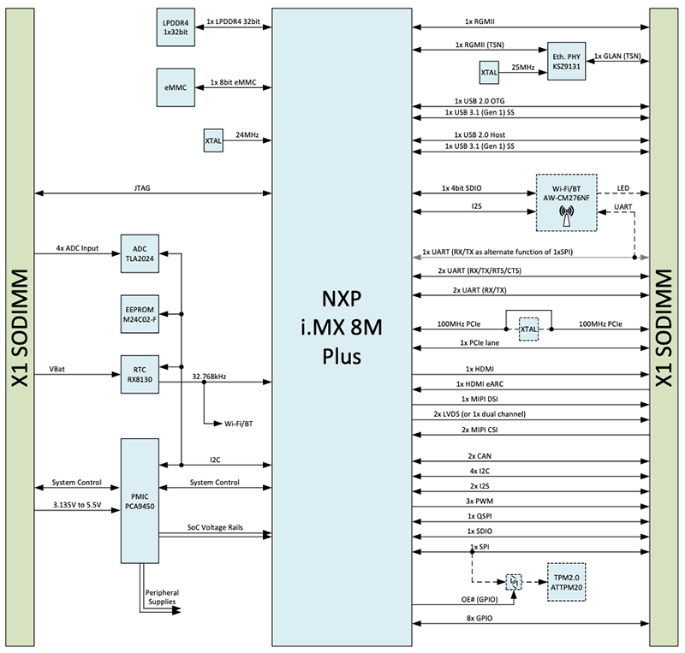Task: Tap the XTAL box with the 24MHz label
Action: point(213,140)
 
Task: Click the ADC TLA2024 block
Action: point(140,253)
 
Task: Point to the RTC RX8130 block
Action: point(140,375)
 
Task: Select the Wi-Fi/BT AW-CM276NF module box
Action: point(566,202)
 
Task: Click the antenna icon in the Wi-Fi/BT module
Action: point(566,215)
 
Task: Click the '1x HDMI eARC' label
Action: point(483,384)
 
